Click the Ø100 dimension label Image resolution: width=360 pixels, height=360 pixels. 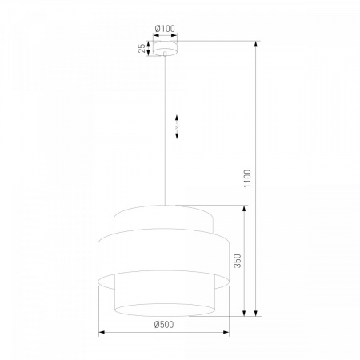pos(165,28)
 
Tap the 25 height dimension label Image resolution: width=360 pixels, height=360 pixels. pos(142,48)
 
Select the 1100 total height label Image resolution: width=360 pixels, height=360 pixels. pos(247,178)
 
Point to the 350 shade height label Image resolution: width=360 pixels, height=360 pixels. pos(237,261)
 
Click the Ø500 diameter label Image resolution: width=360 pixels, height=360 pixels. pos(164,324)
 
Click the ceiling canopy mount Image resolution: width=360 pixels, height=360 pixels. pos(165,48)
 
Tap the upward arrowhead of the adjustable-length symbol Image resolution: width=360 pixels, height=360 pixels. pos(177,118)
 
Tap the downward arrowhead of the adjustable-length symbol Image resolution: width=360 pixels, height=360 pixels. pos(177,135)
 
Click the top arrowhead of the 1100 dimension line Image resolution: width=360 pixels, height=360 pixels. pos(256,45)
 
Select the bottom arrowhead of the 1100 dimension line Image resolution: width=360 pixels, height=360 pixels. pos(256,312)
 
